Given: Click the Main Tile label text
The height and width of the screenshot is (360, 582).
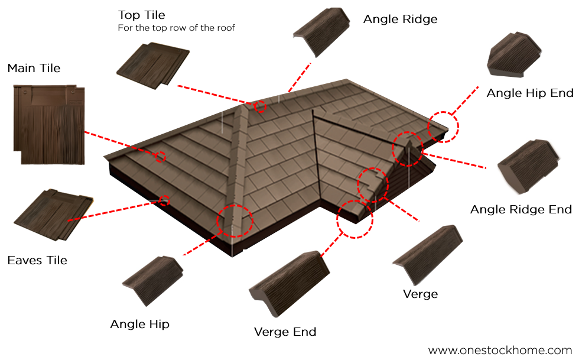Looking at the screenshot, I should coord(34,69).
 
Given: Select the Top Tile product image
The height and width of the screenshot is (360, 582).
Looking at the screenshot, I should coord(153,65).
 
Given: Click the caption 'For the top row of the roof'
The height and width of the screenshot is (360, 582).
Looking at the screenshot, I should coord(177,28).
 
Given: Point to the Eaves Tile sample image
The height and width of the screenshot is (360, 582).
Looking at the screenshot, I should coord(53,216).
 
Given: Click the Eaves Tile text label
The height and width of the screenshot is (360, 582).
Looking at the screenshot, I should coord(37,260).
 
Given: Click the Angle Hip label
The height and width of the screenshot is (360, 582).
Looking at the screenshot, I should coord(139,324).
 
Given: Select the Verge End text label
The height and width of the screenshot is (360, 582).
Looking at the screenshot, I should coord(285,332).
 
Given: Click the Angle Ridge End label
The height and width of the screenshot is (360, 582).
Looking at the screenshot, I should coord(521,209).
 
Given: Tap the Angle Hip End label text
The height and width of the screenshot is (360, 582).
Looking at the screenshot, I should coord(529,93).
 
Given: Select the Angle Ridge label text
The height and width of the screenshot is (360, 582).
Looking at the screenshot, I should coord(400,19).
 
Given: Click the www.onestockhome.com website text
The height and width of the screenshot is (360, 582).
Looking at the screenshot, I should coord(500,350).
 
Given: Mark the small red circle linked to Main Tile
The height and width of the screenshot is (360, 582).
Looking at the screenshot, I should coord(160,157).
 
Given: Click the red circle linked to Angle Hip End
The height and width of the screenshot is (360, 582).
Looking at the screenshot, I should coord(443,126).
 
